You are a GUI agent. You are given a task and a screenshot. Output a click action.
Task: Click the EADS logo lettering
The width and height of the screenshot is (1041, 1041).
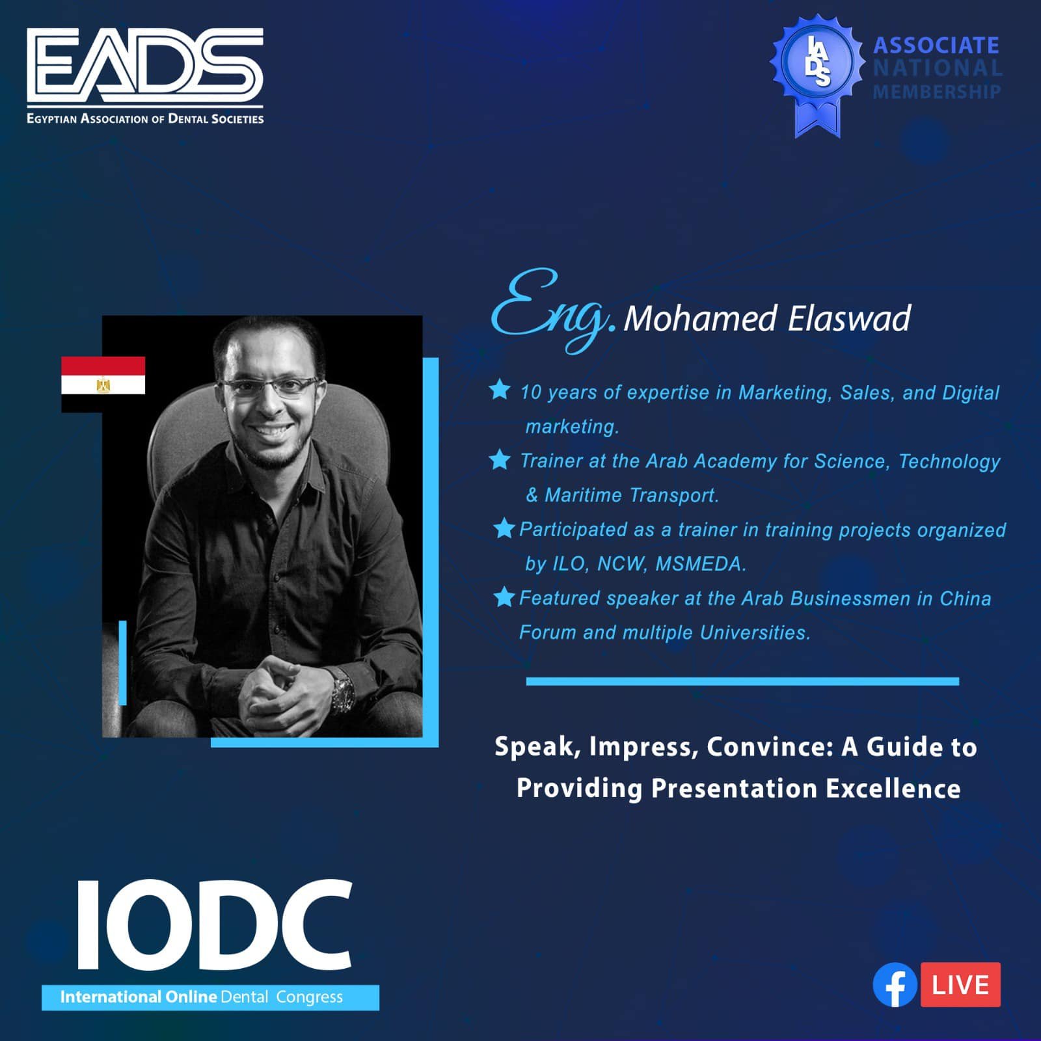pos(145,65)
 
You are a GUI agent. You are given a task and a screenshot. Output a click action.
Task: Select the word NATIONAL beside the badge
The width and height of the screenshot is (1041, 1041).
pos(937,68)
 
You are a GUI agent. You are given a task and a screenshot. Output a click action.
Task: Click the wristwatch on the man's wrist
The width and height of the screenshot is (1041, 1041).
pos(342,692)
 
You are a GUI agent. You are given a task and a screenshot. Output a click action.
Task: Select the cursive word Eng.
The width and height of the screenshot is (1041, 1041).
pos(552,311)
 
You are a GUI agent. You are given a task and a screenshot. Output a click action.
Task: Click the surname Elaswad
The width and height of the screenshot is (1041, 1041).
pos(849,318)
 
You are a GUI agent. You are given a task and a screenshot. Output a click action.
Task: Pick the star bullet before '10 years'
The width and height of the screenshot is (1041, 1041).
pos(500,390)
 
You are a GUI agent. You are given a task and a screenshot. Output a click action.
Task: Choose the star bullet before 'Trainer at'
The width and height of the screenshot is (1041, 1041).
pos(500,459)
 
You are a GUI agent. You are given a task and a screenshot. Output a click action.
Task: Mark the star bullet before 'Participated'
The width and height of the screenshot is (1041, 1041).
pos(504,528)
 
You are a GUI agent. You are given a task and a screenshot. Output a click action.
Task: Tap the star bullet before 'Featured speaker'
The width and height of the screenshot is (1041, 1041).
pos(504,596)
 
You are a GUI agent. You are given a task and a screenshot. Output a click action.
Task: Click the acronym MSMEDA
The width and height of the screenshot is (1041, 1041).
pos(701,563)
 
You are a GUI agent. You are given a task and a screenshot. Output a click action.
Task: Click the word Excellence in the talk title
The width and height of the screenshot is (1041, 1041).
pos(893,789)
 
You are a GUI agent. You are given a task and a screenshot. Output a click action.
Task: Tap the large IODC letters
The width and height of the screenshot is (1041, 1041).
pos(215,925)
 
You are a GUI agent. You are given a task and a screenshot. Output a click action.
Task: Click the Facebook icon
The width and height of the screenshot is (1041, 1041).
pos(895,984)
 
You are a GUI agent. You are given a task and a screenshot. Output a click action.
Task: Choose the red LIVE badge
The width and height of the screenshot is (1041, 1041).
pos(960,984)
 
